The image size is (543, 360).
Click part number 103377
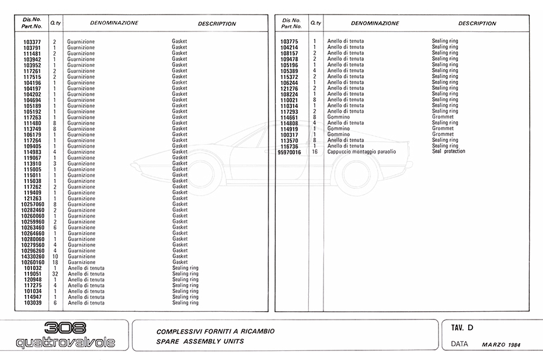(32, 42)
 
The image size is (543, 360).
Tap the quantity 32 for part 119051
(54, 274)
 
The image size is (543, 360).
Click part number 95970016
(289, 152)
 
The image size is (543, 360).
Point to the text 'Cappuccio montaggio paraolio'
(361, 152)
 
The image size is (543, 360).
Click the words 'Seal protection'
(448, 151)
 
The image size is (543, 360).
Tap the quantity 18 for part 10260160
(54, 262)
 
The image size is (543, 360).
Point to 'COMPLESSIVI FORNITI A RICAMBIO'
(215, 331)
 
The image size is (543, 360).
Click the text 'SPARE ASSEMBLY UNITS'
(200, 341)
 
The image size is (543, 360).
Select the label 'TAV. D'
(462, 328)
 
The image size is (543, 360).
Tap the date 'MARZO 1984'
(501, 345)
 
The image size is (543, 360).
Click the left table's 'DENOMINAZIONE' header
(114, 23)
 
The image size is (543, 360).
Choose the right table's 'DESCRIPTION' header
(477, 24)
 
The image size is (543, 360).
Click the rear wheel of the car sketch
(356, 172)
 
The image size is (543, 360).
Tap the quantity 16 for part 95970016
(314, 152)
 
